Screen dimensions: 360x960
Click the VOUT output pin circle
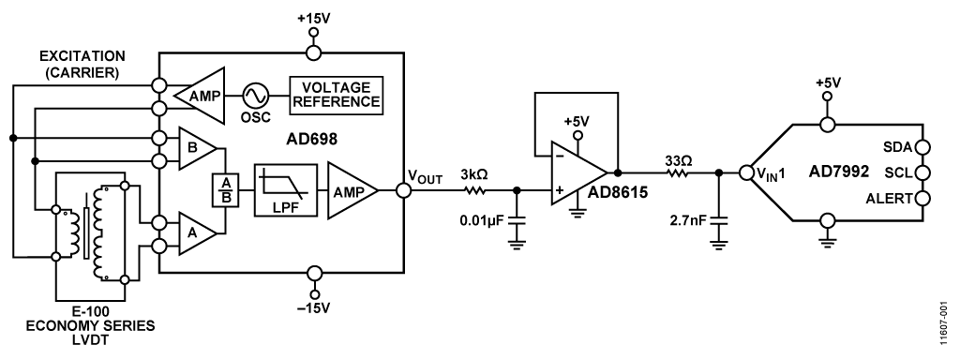pyautogui.click(x=404, y=190)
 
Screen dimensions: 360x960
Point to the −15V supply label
pyautogui.click(x=313, y=308)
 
